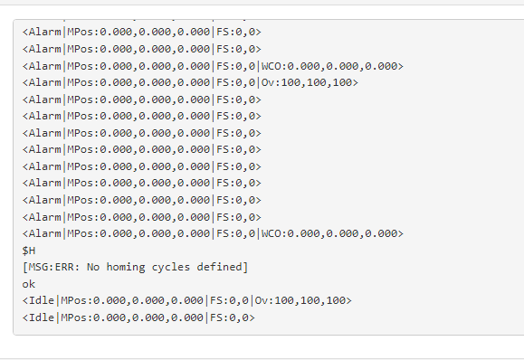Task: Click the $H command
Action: click(29, 250)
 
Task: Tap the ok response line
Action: click(29, 284)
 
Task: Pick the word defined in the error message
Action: click(222, 267)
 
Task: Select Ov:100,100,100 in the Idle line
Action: click(304, 300)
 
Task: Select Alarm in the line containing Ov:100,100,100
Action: click(44, 82)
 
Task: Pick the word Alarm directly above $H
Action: click(44, 233)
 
